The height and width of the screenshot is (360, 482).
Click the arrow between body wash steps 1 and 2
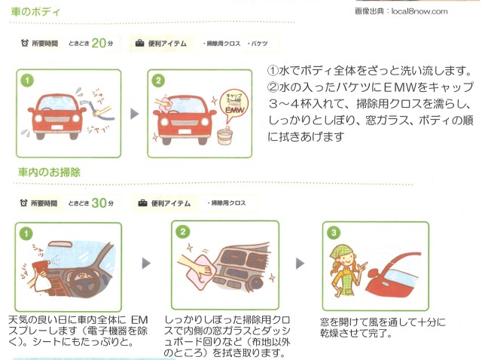[x=135, y=114]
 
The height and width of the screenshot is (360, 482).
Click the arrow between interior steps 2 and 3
[x=300, y=264]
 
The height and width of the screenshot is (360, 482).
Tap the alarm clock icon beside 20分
[x=25, y=44]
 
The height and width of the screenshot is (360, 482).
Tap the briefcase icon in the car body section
[x=140, y=44]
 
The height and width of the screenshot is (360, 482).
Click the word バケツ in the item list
[x=259, y=44]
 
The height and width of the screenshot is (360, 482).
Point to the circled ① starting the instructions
[x=273, y=71]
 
